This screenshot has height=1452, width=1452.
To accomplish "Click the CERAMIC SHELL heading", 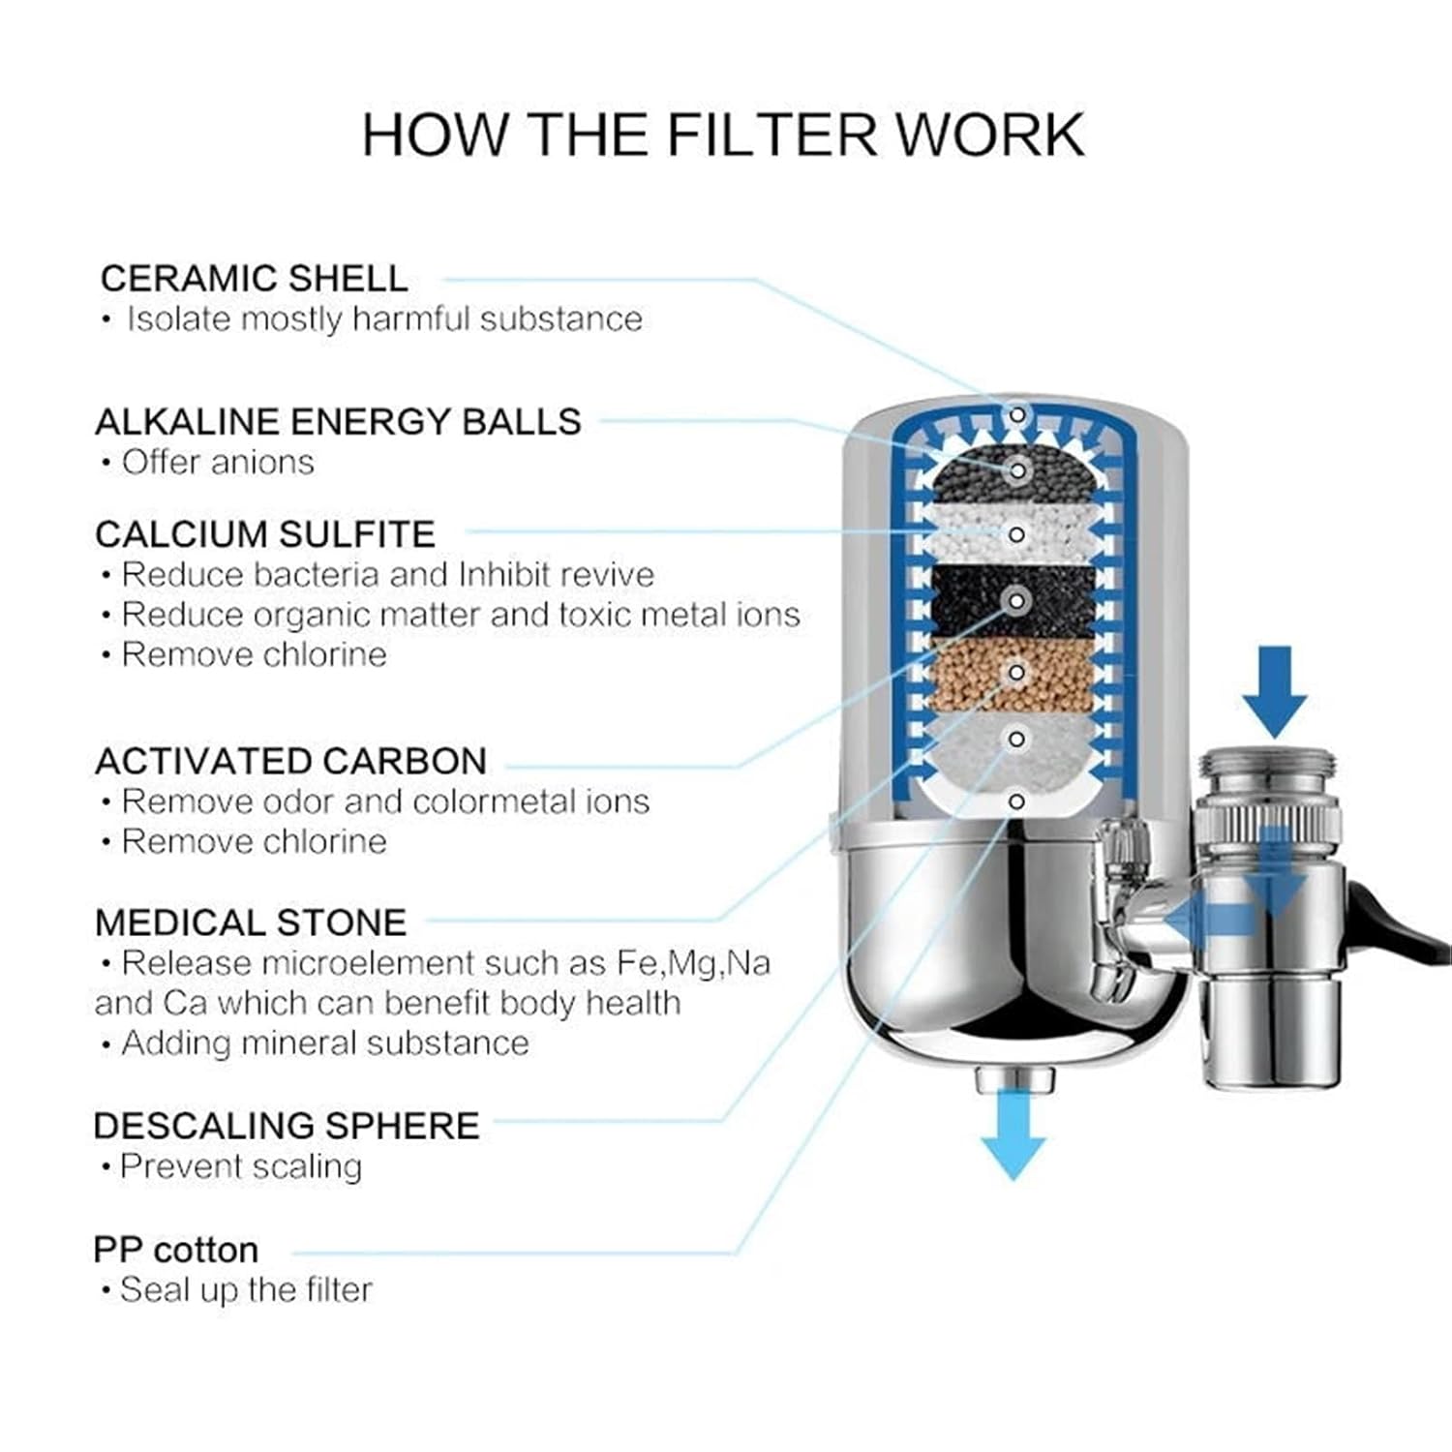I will (x=254, y=279).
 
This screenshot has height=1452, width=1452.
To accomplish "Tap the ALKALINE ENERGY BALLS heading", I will (x=338, y=421).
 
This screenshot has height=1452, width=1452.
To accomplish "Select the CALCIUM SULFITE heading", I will (x=265, y=534).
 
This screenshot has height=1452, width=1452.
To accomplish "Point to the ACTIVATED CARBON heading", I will (x=290, y=761).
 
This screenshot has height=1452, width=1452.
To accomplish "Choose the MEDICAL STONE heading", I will (x=251, y=923).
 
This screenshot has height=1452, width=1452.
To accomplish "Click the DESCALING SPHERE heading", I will (x=287, y=1126).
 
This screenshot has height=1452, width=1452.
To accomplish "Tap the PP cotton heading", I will (x=176, y=1250).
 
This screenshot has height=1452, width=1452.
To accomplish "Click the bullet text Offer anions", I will (x=217, y=463).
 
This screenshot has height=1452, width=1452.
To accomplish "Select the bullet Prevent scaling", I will (x=240, y=1166).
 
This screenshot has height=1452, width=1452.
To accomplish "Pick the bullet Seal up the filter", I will (x=245, y=1290).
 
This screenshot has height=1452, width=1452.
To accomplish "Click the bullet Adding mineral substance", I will (x=325, y=1044).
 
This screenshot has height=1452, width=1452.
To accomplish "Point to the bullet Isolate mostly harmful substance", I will (x=384, y=319).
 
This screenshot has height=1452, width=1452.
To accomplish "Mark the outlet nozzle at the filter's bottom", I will (x=1013, y=1076).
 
